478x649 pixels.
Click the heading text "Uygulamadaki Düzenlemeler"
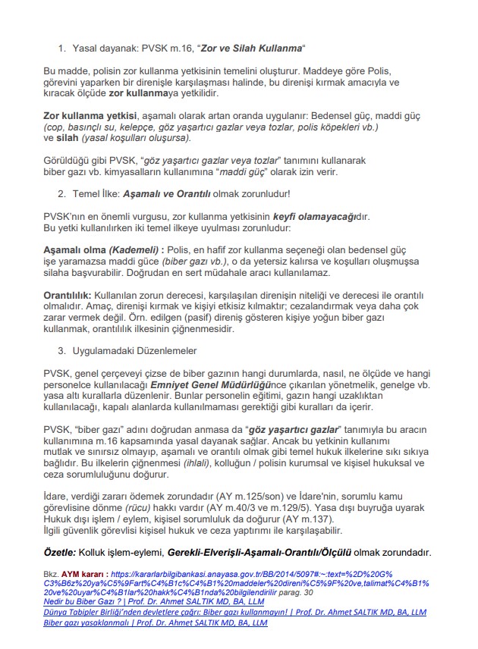pos(135,350)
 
